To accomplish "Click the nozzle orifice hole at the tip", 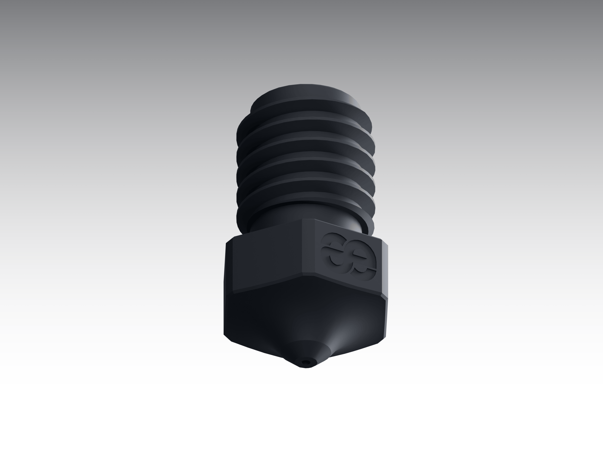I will tap(306, 362).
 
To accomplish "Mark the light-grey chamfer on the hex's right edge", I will tap(384, 270).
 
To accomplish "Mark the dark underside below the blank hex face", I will tap(262, 313).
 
